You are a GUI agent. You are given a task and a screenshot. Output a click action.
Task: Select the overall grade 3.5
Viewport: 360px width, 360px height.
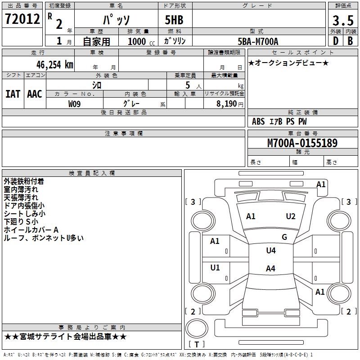pos(342,21)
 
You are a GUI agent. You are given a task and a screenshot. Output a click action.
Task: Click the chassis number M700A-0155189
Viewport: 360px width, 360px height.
pos(302,143)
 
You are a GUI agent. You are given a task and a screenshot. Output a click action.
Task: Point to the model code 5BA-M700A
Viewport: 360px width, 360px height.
pos(258,41)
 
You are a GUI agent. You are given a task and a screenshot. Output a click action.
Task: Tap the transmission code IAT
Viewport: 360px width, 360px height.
pos(13,94)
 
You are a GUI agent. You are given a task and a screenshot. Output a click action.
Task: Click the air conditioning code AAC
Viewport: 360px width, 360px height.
pos(35,94)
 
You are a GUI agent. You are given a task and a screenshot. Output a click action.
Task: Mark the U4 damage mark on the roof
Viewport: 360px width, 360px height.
pos(270,251)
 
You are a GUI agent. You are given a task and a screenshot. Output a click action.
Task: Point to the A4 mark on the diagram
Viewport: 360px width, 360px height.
pos(270,269)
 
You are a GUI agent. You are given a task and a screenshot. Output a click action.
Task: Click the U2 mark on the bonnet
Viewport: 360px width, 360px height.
pos(291,216)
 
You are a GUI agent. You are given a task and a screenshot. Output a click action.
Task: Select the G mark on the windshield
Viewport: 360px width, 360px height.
pos(284,237)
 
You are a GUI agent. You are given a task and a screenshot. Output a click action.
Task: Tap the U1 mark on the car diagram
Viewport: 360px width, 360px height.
pos(215,268)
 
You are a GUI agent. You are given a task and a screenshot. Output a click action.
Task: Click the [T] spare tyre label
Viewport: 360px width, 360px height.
pos(196,344)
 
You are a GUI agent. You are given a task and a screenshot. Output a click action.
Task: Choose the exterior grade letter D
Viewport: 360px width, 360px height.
pos(335,41)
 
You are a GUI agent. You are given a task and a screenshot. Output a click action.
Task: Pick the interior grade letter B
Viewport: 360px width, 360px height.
pos(350,41)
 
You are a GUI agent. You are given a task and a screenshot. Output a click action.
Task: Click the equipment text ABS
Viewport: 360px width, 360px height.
pos(258,121)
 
